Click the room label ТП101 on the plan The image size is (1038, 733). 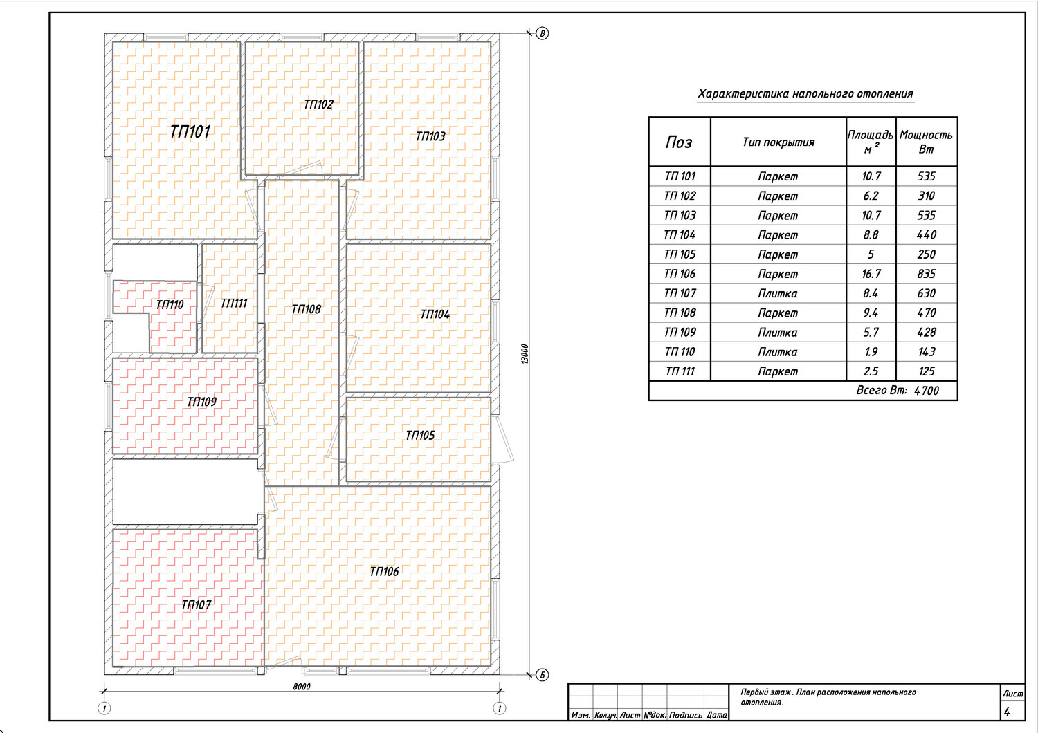tap(190, 132)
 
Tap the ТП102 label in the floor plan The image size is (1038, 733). tap(318, 104)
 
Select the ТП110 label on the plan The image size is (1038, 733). tap(170, 305)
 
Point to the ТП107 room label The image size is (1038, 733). tap(196, 605)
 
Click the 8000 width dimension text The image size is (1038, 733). tap(302, 687)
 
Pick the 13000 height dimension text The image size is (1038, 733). tap(525, 354)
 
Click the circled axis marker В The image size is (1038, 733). tap(542, 33)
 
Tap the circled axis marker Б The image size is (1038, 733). tap(542, 675)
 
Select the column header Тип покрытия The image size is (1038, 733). tap(778, 142)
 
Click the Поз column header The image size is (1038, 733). tap(679, 142)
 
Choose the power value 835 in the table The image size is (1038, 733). tap(927, 274)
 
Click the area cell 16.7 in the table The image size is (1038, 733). tap(871, 274)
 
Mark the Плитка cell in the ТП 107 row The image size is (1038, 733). tap(778, 294)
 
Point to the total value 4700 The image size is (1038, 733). tap(927, 391)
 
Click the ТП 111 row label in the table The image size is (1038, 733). tap(680, 371)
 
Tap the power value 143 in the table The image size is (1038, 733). tap(927, 352)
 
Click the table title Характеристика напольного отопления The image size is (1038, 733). tap(805, 94)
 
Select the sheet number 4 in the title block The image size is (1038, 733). tap(1006, 712)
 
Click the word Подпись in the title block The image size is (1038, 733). tap(685, 716)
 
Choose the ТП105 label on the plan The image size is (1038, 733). tap(420, 435)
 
